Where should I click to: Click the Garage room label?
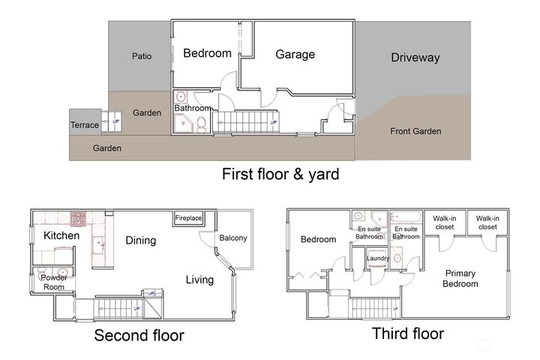pos(295,55)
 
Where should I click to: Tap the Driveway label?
pos(415,58)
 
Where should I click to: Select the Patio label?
pos(142,55)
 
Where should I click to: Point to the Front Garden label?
pos(415,131)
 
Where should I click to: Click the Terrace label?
pos(85,124)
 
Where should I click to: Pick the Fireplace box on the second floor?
pos(188,218)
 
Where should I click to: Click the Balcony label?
pos(233,238)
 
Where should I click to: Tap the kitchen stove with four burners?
pos(78,218)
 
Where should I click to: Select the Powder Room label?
pos(54,282)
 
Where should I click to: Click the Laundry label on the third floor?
pos(378,258)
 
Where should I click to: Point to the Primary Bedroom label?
pos(460,278)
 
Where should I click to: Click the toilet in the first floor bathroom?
pos(201,124)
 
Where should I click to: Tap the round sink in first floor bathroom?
pos(180,97)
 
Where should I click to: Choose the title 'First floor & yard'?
pos(280,174)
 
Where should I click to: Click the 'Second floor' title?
pos(139,335)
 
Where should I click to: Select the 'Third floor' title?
pos(408,334)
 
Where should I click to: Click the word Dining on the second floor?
pos(140,241)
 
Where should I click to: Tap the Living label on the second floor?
pos(199,280)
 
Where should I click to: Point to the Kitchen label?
pos(61,235)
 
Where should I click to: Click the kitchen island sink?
pos(99,244)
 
